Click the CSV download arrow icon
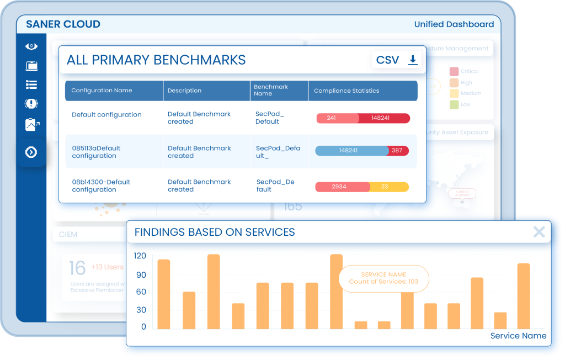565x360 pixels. (412, 60)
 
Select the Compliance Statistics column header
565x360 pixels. (347, 91)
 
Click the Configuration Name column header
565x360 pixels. (102, 91)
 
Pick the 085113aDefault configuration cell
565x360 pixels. (96, 152)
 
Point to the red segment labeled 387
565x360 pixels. (397, 150)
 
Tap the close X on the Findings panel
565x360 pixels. (539, 232)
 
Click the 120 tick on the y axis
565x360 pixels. (140, 256)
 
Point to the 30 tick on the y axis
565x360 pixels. (141, 309)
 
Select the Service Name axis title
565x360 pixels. (518, 336)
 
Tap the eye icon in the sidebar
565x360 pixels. (31, 46)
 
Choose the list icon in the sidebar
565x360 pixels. (31, 84)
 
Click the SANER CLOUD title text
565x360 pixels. (63, 24)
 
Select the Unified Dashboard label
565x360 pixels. (454, 24)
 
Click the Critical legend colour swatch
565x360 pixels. (454, 71)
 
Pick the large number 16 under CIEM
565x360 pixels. (77, 268)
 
